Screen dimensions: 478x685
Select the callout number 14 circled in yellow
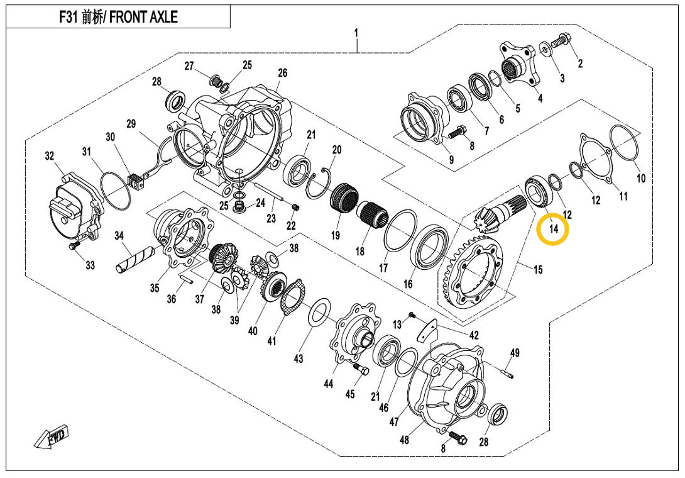click(553, 230)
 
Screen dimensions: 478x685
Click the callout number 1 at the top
click(356, 32)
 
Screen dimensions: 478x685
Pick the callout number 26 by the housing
click(282, 74)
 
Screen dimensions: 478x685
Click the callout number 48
click(404, 440)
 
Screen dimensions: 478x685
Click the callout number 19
click(336, 236)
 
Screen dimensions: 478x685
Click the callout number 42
click(474, 335)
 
